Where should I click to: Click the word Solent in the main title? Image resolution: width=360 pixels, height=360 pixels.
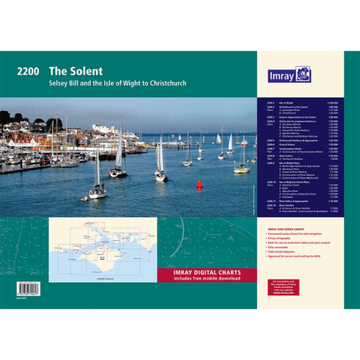[x=84, y=72]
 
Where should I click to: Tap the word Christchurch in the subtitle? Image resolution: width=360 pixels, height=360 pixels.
[x=165, y=84]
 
